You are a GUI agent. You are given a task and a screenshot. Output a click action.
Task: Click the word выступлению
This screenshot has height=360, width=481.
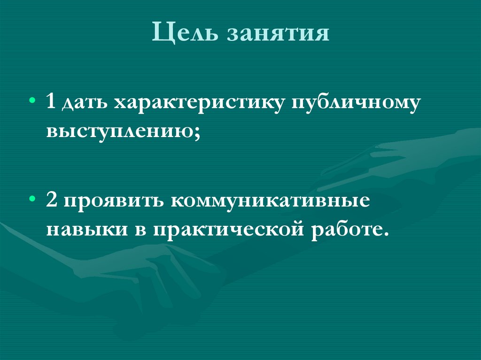point(118,132)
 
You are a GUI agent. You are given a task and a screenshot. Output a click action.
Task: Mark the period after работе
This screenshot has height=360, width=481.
point(387,234)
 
